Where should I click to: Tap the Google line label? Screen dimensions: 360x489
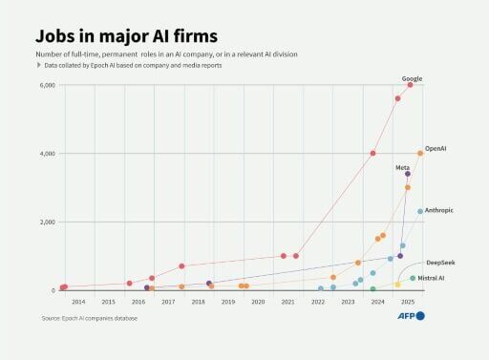pos(413,78)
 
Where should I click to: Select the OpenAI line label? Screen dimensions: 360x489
pos(436,149)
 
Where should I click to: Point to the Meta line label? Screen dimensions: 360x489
pos(403,167)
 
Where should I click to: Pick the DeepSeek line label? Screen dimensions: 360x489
pos(439,261)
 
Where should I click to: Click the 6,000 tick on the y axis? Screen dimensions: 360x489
pos(47,85)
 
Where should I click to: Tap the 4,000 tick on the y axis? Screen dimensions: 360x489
pos(47,154)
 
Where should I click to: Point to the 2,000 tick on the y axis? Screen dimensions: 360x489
pos(47,222)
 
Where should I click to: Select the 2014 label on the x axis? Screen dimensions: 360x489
pos(78,302)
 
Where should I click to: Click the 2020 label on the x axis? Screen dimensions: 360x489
pos(258,302)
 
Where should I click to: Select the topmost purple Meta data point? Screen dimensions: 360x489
pos(407,174)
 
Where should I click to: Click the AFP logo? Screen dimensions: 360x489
pos(410,315)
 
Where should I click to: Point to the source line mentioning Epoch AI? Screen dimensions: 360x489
pos(90,317)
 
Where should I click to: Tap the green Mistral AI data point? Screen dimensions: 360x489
pos(413,279)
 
